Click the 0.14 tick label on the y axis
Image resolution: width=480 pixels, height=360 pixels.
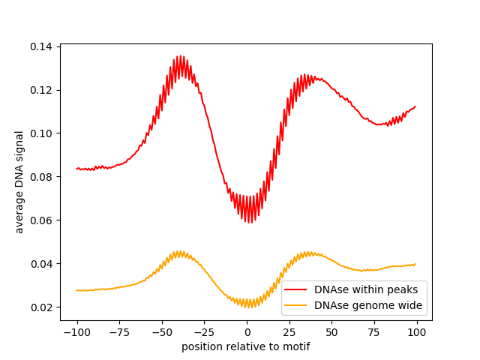[x=41, y=46]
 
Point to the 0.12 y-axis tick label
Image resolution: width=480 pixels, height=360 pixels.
[x=41, y=90]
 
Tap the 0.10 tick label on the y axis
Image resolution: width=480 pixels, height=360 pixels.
[x=41, y=133]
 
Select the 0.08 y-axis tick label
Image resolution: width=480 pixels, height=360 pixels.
[x=41, y=177]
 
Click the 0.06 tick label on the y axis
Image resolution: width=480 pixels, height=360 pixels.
[x=41, y=220]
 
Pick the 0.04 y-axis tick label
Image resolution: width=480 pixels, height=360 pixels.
[x=41, y=264]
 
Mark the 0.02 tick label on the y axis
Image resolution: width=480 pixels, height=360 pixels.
[x=41, y=307]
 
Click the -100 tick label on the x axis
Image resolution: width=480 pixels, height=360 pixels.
[x=76, y=331]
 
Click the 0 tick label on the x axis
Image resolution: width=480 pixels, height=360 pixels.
[x=247, y=331]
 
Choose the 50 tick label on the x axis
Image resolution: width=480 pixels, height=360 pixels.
[x=331, y=331]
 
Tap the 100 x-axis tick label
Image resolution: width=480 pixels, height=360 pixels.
[x=417, y=331]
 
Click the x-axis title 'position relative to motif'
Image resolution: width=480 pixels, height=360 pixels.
[x=246, y=346]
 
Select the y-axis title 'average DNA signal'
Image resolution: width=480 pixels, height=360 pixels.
[x=19, y=182]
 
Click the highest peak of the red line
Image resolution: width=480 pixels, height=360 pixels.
[x=180, y=55]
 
